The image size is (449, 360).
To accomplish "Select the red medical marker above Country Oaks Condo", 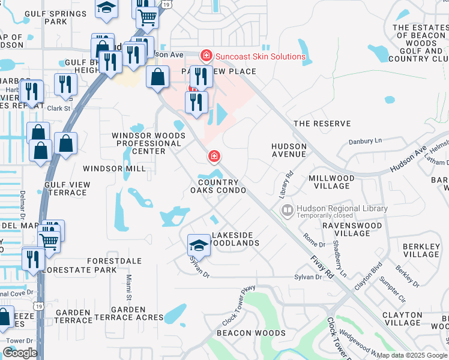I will [213, 157].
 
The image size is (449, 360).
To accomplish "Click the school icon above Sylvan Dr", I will [199, 245].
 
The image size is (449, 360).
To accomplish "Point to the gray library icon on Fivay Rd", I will [288, 210].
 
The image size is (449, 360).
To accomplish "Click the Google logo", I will [20, 353].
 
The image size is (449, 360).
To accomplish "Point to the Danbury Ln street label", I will [366, 141].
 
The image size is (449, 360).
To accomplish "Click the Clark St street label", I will [59, 109].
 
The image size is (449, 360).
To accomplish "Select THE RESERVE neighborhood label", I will [321, 124].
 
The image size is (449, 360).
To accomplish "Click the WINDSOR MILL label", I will [114, 169].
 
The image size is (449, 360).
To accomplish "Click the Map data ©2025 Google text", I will [412, 355].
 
